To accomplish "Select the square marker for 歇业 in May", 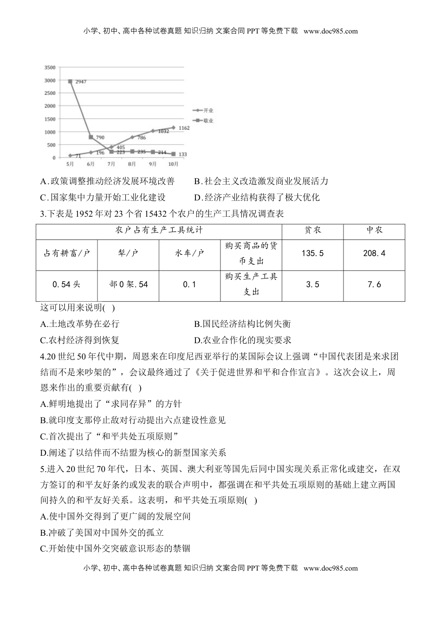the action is (x=70, y=81).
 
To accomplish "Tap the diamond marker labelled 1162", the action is (x=173, y=127).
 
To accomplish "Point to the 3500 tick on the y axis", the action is (x=50, y=68).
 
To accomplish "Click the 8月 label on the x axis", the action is (x=132, y=164).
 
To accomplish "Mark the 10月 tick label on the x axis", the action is (x=173, y=164).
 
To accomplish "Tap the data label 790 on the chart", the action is (x=100, y=138).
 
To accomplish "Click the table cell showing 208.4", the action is (x=374, y=253).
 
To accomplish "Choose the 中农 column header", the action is (x=374, y=230).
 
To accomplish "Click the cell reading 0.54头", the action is (x=66, y=284).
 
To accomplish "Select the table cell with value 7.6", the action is (x=374, y=284).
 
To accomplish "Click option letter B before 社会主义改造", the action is (x=197, y=181).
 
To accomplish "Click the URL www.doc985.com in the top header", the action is (x=330, y=31).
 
